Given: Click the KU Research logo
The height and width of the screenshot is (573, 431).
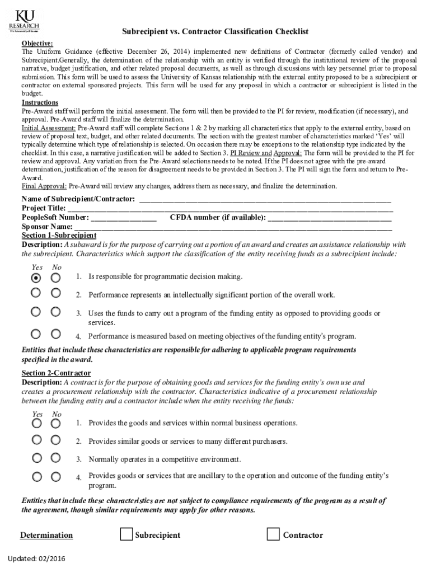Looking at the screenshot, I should point(24,21).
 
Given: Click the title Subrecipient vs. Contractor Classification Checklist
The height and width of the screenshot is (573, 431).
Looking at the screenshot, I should point(215,32).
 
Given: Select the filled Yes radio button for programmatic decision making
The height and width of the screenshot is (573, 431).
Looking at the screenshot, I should point(36,278).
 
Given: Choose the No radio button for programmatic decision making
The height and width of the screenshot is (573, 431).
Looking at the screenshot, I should point(55,278).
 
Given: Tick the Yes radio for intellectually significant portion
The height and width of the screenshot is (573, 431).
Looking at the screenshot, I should point(36,293).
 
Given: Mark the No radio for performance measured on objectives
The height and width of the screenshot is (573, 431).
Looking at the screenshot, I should point(55,334).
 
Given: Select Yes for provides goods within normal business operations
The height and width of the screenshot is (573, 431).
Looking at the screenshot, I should point(36,424).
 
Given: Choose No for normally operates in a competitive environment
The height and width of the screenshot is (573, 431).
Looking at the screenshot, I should point(55,458).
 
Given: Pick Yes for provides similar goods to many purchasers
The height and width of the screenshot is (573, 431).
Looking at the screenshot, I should point(36,440).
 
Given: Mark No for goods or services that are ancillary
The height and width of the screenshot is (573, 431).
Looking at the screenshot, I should point(55,477).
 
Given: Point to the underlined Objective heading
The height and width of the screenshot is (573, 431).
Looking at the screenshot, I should point(38,43).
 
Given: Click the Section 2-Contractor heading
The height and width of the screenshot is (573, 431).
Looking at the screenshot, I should point(56,373).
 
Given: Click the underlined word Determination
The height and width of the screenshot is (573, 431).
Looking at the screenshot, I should point(46,536).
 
